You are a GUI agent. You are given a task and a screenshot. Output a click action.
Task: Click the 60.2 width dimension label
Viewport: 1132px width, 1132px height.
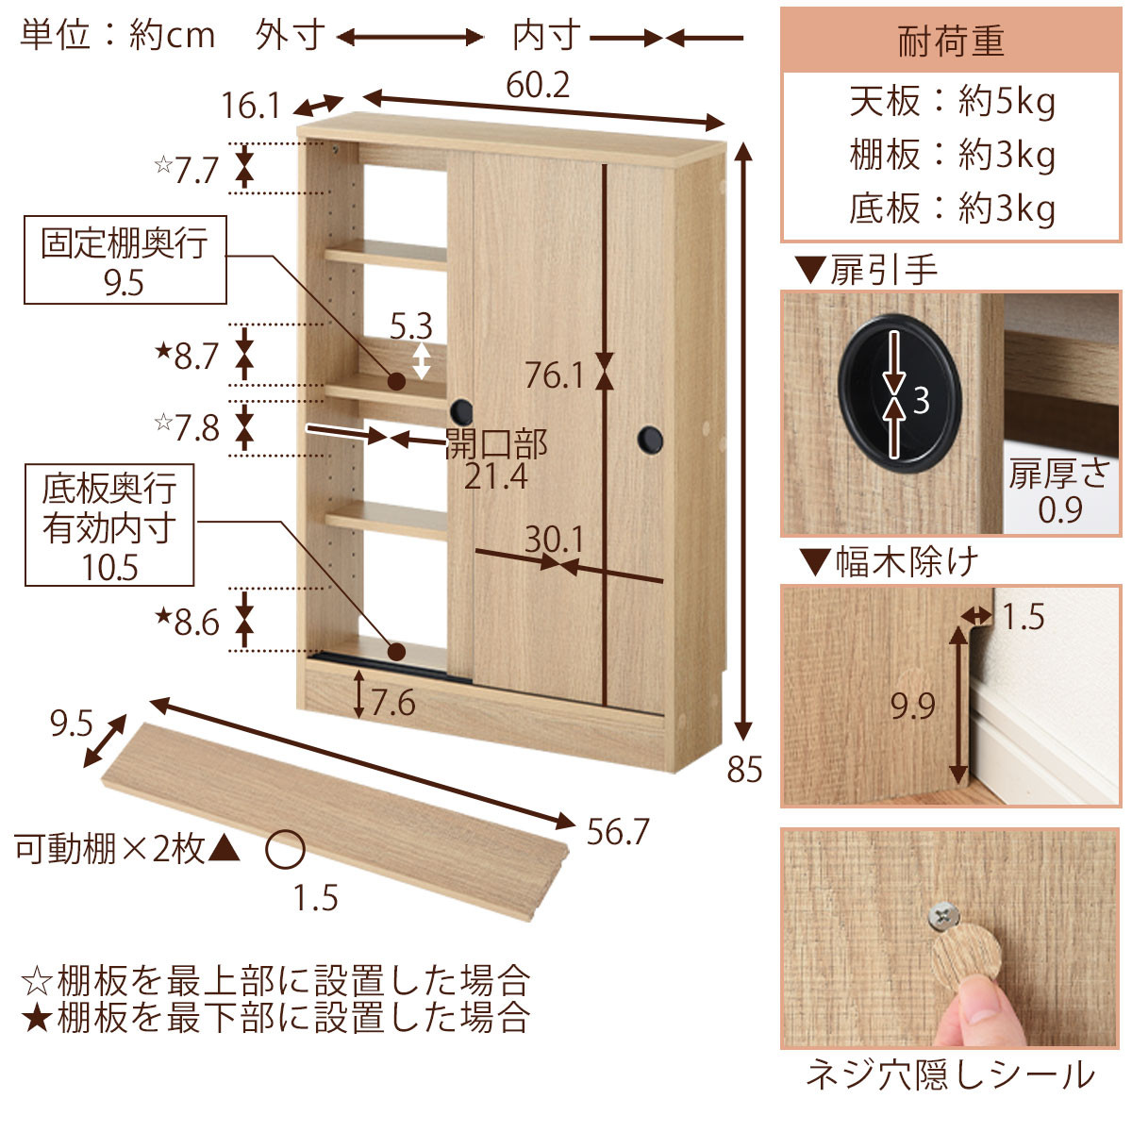pyautogui.click(x=538, y=86)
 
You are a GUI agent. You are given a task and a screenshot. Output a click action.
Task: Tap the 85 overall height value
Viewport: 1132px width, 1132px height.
pyautogui.click(x=744, y=770)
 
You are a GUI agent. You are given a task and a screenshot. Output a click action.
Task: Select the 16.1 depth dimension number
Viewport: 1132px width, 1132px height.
pyautogui.click(x=251, y=106)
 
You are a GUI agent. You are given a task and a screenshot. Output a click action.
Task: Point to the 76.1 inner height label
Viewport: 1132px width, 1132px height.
pyautogui.click(x=555, y=375)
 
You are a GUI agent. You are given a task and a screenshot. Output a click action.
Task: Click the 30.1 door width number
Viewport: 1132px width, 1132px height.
pyautogui.click(x=555, y=540)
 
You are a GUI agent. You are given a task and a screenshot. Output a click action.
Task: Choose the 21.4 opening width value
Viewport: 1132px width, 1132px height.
pyautogui.click(x=496, y=476)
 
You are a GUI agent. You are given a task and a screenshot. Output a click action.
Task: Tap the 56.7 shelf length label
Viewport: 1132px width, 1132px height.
pyautogui.click(x=618, y=832)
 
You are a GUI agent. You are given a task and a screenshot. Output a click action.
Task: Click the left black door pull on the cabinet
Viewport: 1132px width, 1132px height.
pyautogui.click(x=461, y=410)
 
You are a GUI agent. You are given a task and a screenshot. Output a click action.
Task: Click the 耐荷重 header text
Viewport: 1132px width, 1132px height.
pyautogui.click(x=950, y=42)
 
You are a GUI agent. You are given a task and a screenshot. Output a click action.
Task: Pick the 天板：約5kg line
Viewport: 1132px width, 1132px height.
pyautogui.click(x=951, y=102)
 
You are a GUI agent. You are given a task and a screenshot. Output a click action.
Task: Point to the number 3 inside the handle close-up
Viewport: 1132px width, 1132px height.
pyautogui.click(x=921, y=400)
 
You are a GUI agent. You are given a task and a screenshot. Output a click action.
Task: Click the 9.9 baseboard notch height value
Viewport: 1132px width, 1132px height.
pyautogui.click(x=912, y=706)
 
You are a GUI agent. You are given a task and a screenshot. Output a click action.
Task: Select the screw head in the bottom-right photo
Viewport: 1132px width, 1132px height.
pyautogui.click(x=941, y=913)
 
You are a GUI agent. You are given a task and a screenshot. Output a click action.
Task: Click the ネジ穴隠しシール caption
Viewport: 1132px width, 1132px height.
pyautogui.click(x=950, y=1075)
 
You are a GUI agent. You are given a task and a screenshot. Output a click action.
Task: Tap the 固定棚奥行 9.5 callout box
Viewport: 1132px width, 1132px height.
pyautogui.click(x=125, y=260)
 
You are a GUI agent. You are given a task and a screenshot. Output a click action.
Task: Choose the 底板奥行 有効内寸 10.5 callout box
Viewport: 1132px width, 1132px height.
pyautogui.click(x=109, y=526)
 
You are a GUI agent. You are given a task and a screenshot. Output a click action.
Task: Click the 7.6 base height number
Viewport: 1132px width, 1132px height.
pyautogui.click(x=392, y=703)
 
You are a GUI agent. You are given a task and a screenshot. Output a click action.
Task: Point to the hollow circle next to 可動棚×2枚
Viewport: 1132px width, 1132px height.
pyautogui.click(x=284, y=849)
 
